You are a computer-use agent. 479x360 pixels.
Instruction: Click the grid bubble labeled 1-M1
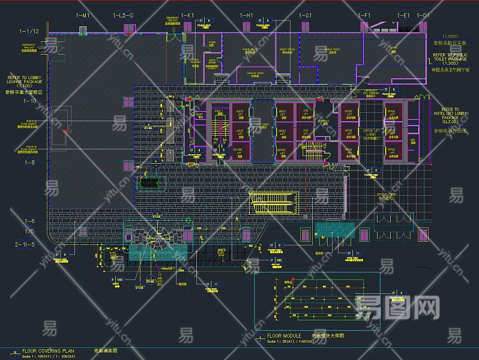pos(83,15)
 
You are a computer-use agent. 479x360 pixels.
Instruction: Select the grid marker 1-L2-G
pos(123,15)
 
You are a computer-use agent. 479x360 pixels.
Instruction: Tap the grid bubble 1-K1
pos(188,15)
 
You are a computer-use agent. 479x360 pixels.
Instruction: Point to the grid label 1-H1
pos(246,15)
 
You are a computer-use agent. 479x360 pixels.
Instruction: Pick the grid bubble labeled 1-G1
pos(305,15)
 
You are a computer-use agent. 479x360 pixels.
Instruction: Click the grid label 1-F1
pos(364,15)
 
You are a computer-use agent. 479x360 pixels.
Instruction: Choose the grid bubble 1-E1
pos(403,15)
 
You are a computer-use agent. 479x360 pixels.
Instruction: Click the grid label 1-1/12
pos(29,31)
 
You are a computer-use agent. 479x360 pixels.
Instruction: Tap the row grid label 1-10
pos(29,101)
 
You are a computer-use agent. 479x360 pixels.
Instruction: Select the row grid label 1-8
pos(29,163)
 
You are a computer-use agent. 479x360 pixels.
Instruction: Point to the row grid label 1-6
pos(29,221)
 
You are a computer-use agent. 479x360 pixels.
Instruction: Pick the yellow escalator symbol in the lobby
pos(274,202)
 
